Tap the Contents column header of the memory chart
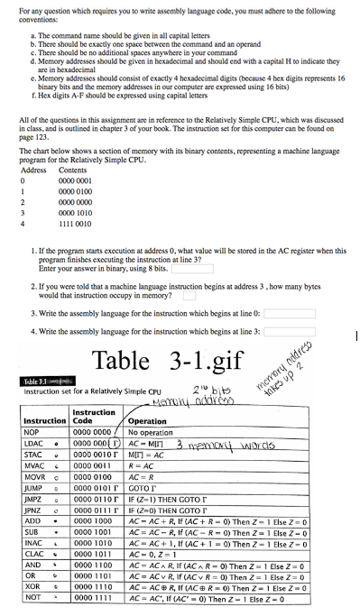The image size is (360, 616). point(72,170)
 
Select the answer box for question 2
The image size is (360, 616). point(189,293)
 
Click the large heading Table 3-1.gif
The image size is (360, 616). point(167,360)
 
